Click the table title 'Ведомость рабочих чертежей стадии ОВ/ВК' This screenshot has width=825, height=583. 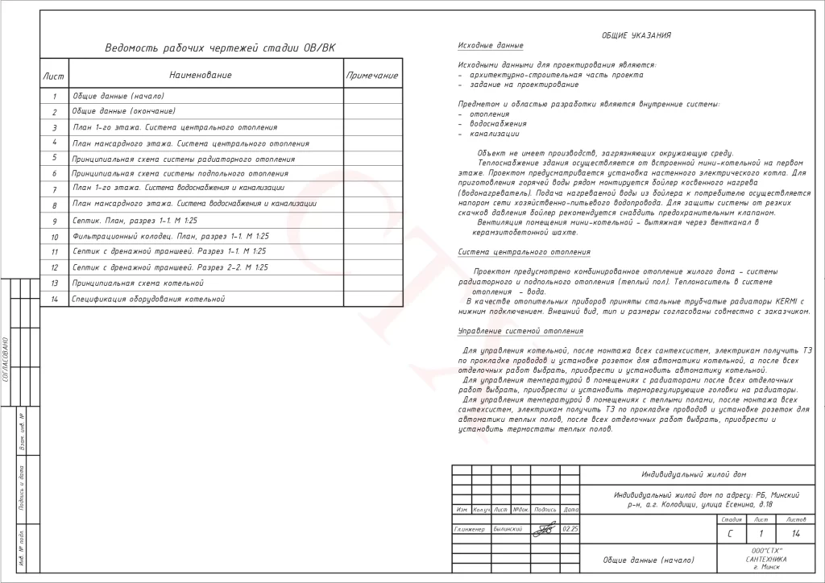(x=219, y=48)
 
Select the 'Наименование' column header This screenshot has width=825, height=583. (x=201, y=75)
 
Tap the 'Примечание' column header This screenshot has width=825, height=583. (x=371, y=76)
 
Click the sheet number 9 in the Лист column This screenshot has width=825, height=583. (x=54, y=221)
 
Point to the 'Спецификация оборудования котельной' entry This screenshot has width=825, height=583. (x=147, y=299)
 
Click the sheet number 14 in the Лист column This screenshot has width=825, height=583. (x=54, y=300)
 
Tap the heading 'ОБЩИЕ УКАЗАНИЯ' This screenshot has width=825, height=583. (x=636, y=35)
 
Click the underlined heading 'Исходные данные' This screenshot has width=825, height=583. (x=490, y=46)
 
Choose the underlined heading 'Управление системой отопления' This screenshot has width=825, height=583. (x=520, y=331)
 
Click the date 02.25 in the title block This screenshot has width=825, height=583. (x=570, y=529)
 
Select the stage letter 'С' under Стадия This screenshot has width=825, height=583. (x=730, y=533)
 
